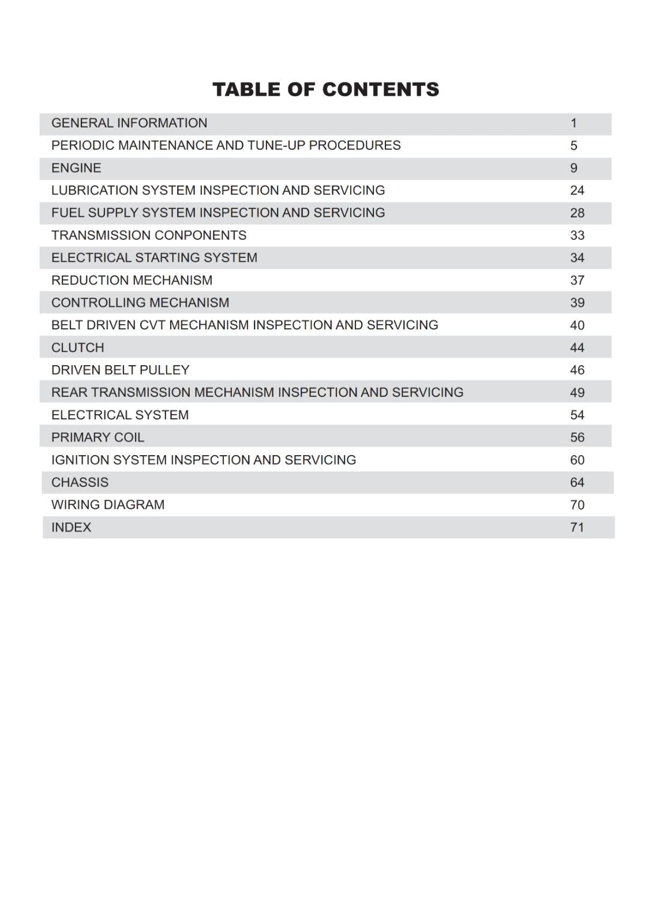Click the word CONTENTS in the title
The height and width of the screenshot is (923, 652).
[x=380, y=89]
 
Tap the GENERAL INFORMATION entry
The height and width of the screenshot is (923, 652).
[x=129, y=123]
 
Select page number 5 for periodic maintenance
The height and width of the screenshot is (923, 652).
[x=574, y=145]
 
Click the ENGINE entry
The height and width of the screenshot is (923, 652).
[x=76, y=168]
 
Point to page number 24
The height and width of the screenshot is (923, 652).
[x=577, y=190]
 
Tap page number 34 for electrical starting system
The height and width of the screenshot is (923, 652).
[x=577, y=258]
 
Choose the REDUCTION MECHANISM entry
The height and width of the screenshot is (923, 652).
[x=132, y=280]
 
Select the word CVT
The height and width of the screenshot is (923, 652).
[x=152, y=325]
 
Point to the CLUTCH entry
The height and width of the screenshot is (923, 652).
[x=78, y=348]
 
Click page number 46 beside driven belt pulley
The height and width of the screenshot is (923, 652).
[x=577, y=370]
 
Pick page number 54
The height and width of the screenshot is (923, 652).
[x=577, y=415]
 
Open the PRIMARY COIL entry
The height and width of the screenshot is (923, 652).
[x=98, y=437]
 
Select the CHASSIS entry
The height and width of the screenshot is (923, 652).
[x=80, y=482]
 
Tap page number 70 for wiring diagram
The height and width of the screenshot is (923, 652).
[x=577, y=505]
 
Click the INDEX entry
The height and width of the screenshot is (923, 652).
[x=71, y=527]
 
